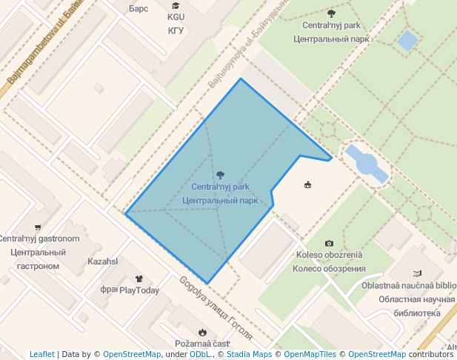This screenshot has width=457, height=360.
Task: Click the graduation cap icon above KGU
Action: pos(176,6)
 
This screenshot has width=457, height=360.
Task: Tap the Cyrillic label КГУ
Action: pos(176,30)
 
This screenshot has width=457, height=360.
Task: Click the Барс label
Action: pos(139,9)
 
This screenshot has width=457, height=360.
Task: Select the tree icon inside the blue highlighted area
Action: pos(220,175)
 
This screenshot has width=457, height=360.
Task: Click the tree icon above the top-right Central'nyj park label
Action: pos(330,13)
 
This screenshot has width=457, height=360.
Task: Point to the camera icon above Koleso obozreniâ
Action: pos(329,243)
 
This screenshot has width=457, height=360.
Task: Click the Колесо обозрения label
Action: pos(329,268)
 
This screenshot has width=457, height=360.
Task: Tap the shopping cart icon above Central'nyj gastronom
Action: pos(38,227)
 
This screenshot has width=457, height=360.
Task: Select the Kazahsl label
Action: pos(103,261)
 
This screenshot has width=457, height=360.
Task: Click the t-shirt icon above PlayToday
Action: pos(139,279)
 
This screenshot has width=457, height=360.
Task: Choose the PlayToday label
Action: pos(139,290)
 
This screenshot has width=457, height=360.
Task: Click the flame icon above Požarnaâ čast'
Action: pos(201,332)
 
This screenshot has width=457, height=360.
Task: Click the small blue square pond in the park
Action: pos(407,40)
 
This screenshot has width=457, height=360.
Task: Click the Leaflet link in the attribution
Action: pos(42,354)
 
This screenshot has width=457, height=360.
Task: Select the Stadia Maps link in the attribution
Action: pos(248,354)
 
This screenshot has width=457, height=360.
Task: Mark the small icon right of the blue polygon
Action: pos(307,184)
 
